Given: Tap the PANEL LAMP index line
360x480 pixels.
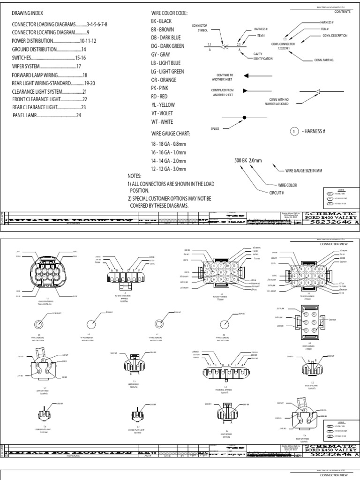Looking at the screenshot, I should tap(47, 115).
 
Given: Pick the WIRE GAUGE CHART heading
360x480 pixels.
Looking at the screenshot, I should tap(170, 134).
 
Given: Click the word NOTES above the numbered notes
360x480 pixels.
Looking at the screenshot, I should tap(135, 176).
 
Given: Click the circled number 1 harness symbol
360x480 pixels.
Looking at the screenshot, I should tap(294, 131).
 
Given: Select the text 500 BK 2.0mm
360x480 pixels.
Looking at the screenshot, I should tap(248, 161).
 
